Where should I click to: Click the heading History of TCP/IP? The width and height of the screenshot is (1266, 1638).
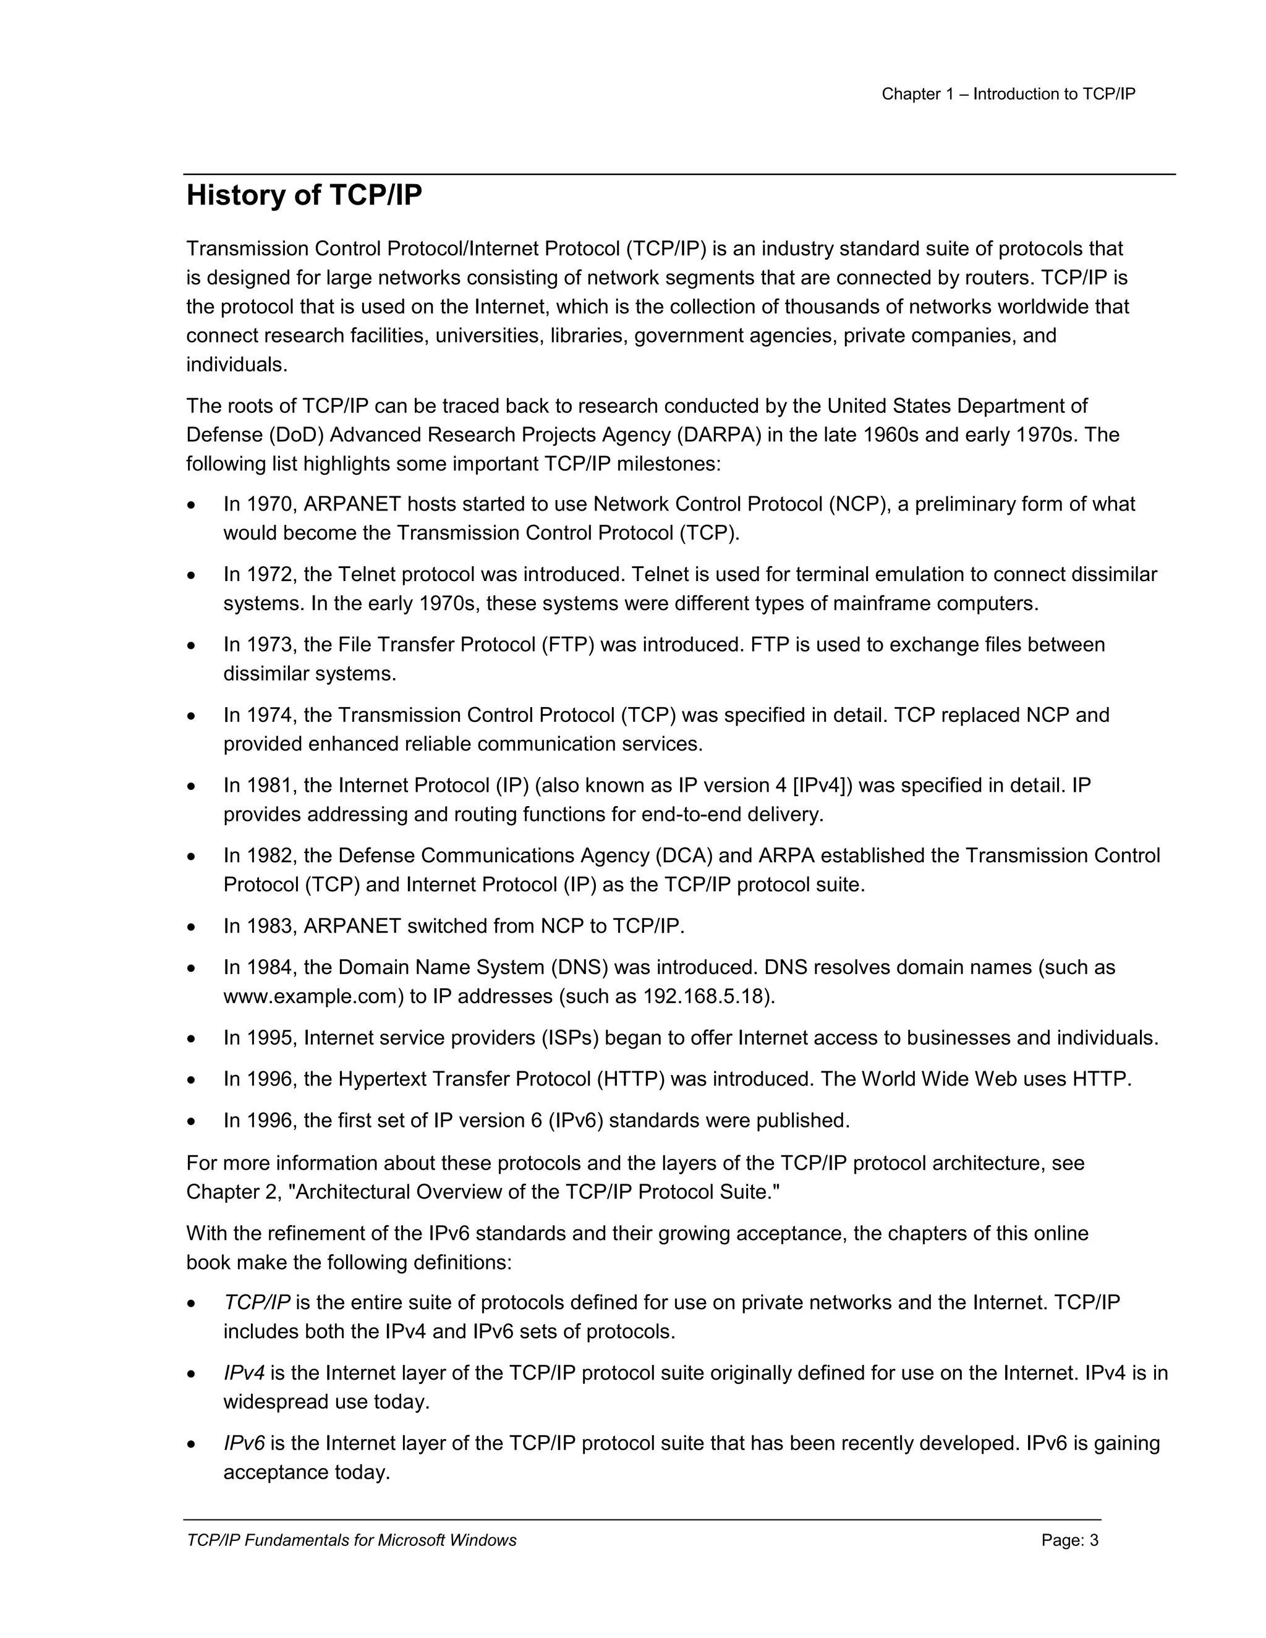[x=304, y=196]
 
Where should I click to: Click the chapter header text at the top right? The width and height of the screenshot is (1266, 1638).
[x=1008, y=94]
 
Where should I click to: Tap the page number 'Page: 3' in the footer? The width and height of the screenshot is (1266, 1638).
[x=1069, y=1540]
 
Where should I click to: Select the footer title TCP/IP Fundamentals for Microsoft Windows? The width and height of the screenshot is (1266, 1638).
[x=351, y=1540]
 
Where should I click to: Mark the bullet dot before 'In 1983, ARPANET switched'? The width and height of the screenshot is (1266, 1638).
[x=192, y=928]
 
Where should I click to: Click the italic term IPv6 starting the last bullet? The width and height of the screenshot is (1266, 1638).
[x=244, y=1444]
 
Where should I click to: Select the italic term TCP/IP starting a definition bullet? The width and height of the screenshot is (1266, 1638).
[x=257, y=1303]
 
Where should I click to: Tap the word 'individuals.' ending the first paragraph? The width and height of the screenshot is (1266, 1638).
[x=236, y=365]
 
